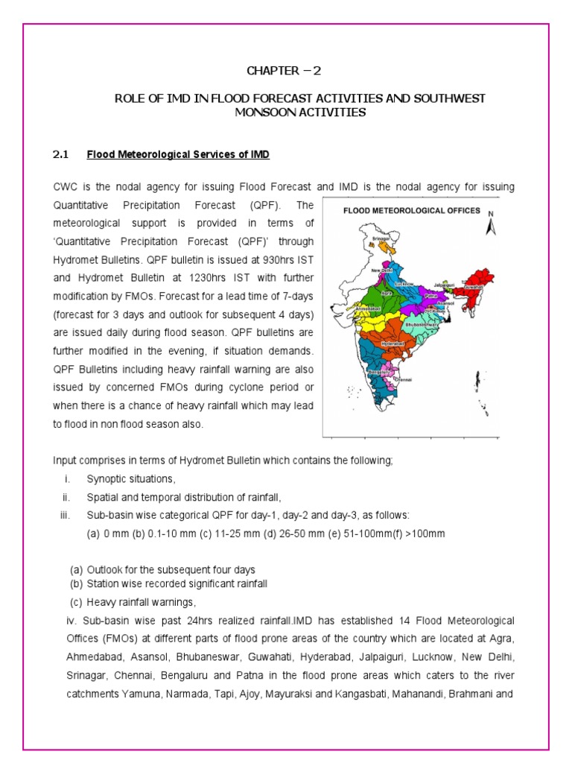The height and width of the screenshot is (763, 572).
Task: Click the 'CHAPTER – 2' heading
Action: click(x=285, y=71)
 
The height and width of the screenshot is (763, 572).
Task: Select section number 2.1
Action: click(x=60, y=155)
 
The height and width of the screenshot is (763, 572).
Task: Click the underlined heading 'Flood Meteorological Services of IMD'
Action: click(x=178, y=155)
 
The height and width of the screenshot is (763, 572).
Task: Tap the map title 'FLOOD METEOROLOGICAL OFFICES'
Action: click(x=411, y=211)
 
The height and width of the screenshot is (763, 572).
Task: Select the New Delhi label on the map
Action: click(x=382, y=270)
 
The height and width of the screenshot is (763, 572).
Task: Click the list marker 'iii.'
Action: click(x=65, y=516)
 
